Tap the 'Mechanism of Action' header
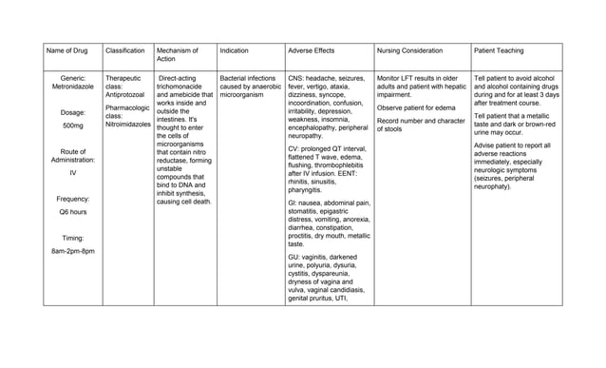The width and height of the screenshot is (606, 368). click(177, 52)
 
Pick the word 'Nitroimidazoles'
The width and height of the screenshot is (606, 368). click(127, 125)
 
